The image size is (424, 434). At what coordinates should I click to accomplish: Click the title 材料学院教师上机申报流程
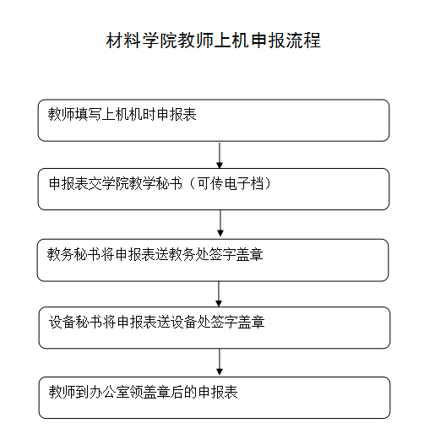[213, 41]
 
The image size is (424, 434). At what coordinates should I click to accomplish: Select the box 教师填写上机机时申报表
[214, 120]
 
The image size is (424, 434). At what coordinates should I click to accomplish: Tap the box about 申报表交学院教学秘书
[214, 189]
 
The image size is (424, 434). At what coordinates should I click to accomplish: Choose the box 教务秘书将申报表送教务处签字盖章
[213, 260]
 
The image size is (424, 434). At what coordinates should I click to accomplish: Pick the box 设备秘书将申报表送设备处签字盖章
[215, 328]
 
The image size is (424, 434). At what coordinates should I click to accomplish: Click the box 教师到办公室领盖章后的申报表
[215, 398]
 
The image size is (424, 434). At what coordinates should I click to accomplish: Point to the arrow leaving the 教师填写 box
[220, 155]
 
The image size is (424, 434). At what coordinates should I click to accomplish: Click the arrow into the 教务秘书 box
[220, 225]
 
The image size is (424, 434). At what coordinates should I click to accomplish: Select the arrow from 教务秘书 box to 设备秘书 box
[219, 294]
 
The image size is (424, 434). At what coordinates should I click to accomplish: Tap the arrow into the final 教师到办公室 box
[220, 362]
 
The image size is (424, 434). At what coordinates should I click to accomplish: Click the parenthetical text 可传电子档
[231, 184]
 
